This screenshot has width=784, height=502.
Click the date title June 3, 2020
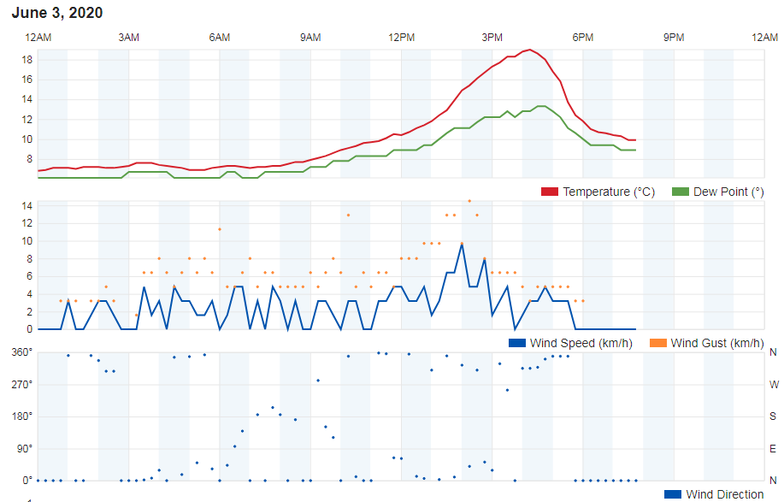pos(57,13)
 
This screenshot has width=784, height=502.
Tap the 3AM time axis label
pos(128,37)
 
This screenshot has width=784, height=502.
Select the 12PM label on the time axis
pos(401,37)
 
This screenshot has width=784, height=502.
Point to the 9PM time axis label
pos(674,37)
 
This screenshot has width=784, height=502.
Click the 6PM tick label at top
pos(583,37)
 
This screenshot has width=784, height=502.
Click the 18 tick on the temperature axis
pos(27,60)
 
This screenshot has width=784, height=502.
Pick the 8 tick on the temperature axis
pos(29,159)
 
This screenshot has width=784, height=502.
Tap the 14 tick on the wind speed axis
pos(27,206)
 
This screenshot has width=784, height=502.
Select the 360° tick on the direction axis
pos(21,352)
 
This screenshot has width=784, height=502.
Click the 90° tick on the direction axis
pos(24,448)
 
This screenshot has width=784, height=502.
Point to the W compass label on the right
pos(773,385)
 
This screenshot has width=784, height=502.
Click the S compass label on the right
pos(773,416)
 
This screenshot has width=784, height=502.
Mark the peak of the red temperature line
pos(530,50)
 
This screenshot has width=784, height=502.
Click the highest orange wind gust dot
pos(469,201)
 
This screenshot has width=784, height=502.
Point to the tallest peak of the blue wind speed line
pos(462,245)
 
